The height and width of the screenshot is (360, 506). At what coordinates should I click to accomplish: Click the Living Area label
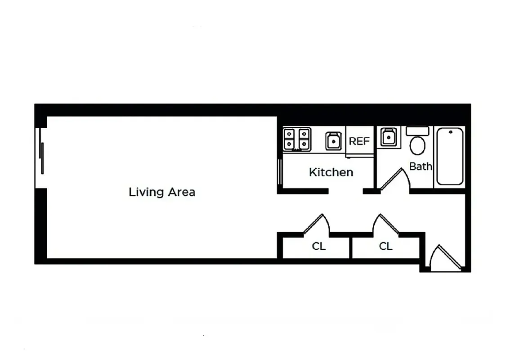pyautogui.click(x=162, y=192)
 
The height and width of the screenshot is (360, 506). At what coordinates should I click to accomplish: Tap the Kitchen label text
pyautogui.click(x=331, y=172)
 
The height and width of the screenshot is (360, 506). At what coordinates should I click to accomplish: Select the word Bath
pyautogui.click(x=421, y=166)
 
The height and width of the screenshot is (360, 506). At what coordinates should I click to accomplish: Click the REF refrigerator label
pyautogui.click(x=359, y=141)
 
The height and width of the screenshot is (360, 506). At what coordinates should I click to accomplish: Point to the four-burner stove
pyautogui.click(x=297, y=139)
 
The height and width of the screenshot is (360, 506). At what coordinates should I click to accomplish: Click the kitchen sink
pyautogui.click(x=333, y=141)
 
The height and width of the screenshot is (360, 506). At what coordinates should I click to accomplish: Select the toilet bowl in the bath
pyautogui.click(x=418, y=146)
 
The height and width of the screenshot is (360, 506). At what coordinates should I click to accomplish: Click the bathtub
pyautogui.click(x=449, y=156)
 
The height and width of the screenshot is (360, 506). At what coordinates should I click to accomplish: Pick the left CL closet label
pyautogui.click(x=319, y=246)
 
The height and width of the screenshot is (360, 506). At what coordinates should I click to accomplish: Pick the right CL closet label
pyautogui.click(x=385, y=246)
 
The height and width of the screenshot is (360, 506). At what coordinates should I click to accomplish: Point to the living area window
pyautogui.click(x=41, y=157)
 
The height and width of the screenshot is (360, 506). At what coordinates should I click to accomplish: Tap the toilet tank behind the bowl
pyautogui.click(x=418, y=131)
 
